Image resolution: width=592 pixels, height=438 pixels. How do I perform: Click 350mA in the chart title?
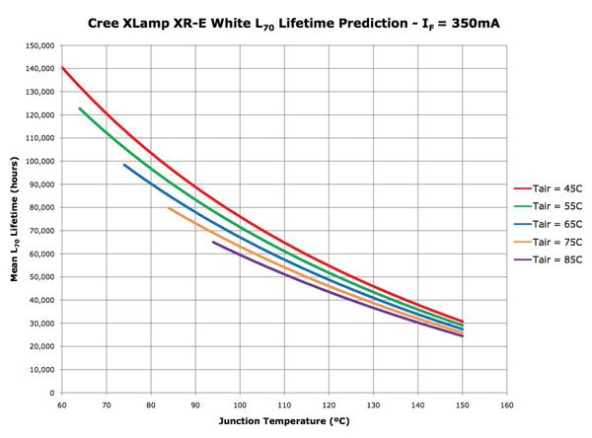470,20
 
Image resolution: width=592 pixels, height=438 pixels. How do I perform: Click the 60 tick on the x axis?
61,404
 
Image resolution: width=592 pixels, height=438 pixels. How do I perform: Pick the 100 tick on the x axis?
240,404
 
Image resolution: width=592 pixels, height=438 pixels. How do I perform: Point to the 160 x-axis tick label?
507,404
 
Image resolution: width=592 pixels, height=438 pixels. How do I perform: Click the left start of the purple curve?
213,242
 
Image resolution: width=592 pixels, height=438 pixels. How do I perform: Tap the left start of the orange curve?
169,207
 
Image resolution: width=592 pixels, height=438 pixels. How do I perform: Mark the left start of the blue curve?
124,165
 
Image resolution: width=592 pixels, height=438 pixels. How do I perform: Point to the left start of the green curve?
79,109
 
